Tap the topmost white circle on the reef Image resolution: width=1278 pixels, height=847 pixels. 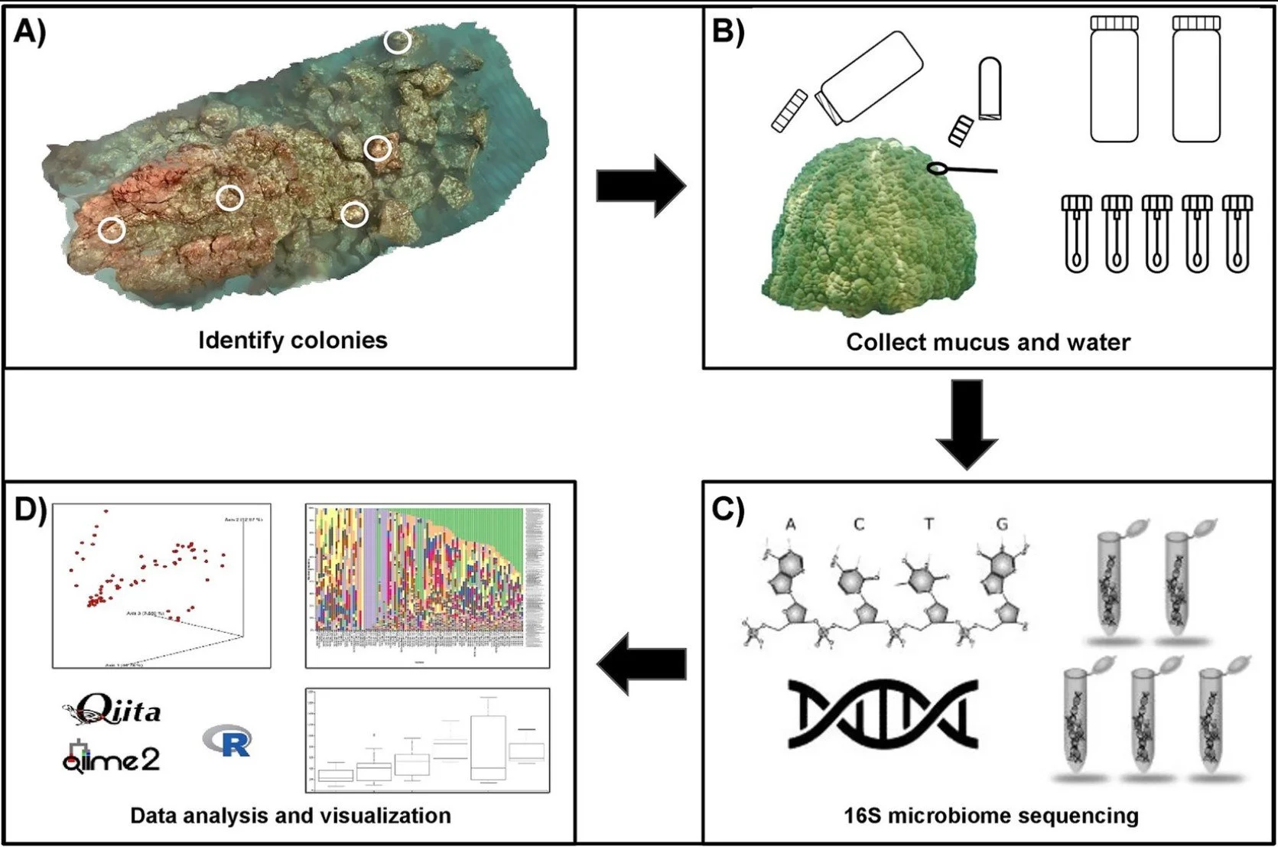click(x=397, y=41)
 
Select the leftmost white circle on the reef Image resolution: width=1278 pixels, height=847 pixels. click(x=112, y=230)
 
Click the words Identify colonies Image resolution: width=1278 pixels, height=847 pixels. click(x=293, y=340)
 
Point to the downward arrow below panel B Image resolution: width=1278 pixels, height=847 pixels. click(x=967, y=423)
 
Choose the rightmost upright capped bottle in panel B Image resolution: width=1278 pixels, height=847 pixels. click(x=1196, y=80)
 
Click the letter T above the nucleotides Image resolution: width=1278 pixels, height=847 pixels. click(x=928, y=524)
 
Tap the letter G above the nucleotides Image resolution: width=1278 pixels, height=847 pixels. click(x=1002, y=524)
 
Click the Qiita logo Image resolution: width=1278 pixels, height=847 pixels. click(x=112, y=710)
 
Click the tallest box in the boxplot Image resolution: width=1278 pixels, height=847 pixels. click(x=489, y=747)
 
